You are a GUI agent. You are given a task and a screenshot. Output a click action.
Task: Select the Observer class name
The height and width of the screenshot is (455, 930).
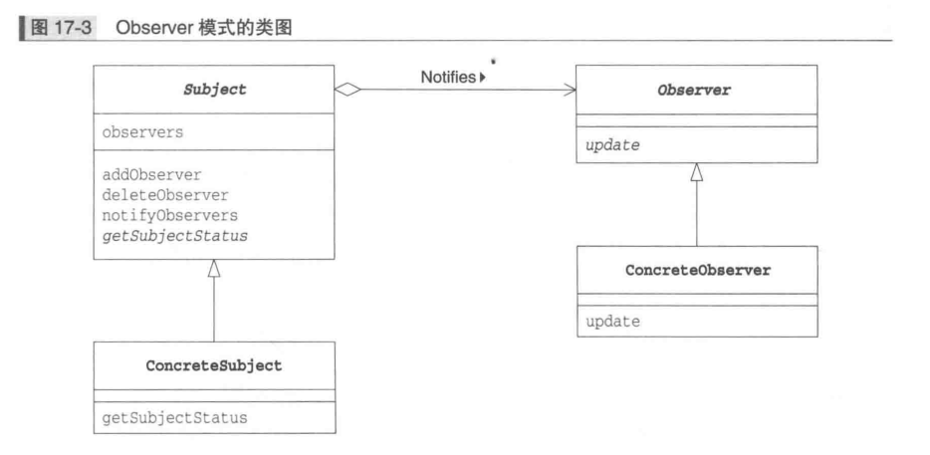point(695,90)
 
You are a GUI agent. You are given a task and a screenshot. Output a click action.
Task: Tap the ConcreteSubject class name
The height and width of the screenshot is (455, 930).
point(215,365)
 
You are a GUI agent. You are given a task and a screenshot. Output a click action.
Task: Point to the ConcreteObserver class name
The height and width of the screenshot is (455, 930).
point(697,271)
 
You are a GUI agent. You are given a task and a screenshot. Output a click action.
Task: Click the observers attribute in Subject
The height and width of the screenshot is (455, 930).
point(142,131)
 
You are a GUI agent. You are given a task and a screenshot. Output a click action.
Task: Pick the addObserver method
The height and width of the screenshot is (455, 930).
point(151,174)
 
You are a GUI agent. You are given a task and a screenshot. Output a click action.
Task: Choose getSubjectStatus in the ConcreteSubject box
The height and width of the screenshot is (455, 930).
point(174,417)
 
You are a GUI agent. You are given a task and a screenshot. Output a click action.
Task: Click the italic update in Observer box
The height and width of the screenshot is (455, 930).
point(612,145)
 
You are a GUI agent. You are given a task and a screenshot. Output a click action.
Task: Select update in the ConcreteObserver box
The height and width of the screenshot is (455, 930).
point(612,323)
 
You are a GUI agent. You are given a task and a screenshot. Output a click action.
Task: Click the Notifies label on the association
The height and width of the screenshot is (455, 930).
point(448,76)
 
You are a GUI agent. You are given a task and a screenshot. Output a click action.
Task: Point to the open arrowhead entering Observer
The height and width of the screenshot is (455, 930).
point(571,90)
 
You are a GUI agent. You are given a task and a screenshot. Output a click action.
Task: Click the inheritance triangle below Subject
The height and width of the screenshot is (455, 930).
point(214,268)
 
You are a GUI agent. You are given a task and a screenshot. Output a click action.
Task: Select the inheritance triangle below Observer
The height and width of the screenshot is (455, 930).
point(697,173)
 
